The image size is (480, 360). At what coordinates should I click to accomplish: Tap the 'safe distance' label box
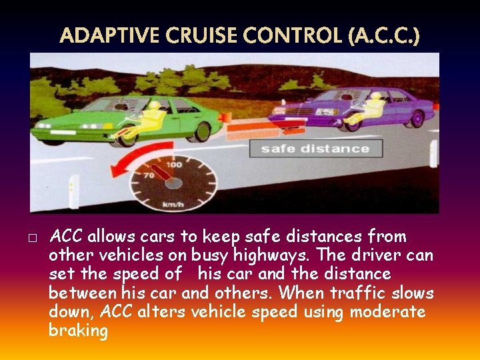pyautogui.click(x=315, y=148)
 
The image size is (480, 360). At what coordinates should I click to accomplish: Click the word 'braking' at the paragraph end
pyautogui.click(x=78, y=331)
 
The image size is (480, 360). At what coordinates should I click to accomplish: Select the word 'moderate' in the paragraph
pyautogui.click(x=387, y=312)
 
